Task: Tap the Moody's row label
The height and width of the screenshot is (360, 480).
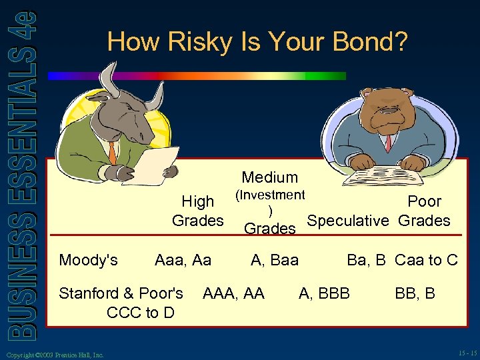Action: [89, 260]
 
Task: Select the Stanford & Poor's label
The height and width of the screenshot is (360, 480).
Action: [121, 293]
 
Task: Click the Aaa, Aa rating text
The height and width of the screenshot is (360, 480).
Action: [183, 260]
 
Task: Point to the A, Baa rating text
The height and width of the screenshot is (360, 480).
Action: [274, 260]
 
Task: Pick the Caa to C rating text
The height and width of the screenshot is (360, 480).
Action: [427, 260]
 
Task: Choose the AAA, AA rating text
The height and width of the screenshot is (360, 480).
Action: [233, 293]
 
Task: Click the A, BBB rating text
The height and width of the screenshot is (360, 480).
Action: [324, 293]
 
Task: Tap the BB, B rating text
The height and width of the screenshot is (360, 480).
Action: [415, 293]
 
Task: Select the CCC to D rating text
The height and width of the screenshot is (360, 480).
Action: [141, 311]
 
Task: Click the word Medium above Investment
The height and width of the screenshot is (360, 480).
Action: [270, 177]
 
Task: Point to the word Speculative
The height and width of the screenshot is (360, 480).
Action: [347, 221]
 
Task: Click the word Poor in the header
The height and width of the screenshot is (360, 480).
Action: [425, 201]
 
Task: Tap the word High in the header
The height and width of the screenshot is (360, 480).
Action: [198, 201]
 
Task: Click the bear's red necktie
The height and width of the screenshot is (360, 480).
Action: [387, 142]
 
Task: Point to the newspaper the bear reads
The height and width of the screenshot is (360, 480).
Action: [377, 177]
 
